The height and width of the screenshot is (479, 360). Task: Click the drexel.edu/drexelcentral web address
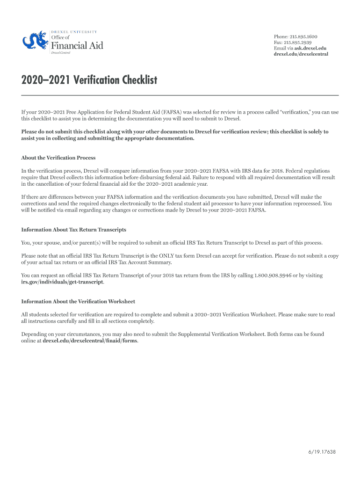tap(301, 54)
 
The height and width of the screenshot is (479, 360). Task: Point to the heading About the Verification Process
tap(58, 158)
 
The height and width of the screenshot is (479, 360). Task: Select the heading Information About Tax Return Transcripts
tap(74, 230)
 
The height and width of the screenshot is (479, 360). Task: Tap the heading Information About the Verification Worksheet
tap(78, 301)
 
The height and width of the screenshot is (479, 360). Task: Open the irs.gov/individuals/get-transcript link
tap(63, 282)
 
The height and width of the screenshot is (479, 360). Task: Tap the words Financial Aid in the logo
tap(77, 45)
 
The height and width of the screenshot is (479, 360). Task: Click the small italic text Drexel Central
tap(60, 53)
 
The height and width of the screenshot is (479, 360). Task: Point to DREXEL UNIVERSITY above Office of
tap(74, 31)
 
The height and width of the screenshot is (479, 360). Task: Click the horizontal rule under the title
tap(180, 95)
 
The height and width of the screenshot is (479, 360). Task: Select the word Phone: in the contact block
tap(281, 36)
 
